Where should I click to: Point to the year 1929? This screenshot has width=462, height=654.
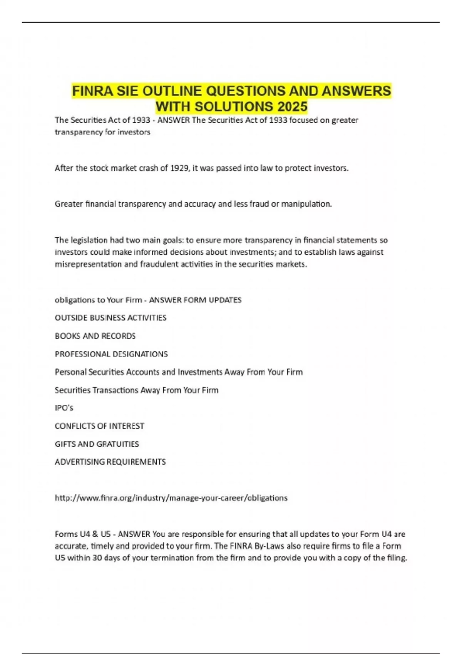pos(179,168)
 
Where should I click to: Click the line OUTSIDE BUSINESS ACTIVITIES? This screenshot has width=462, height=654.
pos(110,318)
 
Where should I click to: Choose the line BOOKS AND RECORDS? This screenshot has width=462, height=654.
pos(95,336)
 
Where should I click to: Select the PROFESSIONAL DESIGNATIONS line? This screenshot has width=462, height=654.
pos(111,354)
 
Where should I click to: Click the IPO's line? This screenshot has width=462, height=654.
pos(64,408)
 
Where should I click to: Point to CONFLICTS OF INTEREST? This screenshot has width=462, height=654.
pos(99,426)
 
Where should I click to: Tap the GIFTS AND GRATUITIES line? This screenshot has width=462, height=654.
pos(97,444)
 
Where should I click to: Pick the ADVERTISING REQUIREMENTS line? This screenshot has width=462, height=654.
pos(110,462)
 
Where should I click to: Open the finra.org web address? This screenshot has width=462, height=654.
pos(171,498)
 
